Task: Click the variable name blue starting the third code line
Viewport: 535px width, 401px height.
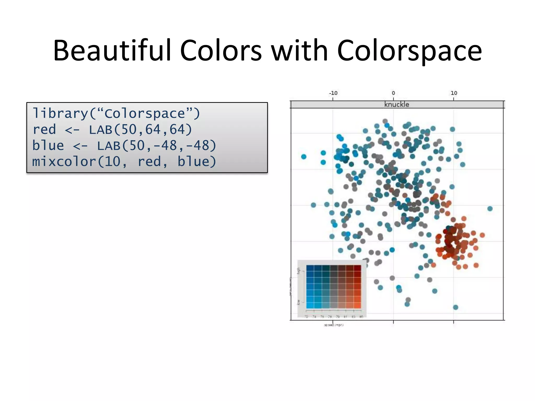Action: pyautogui.click(x=48, y=146)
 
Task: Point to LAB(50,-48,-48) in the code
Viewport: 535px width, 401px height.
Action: pyautogui.click(x=157, y=146)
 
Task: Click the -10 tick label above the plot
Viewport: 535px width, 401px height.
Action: pyautogui.click(x=333, y=93)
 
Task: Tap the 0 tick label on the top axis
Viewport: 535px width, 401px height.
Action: pyautogui.click(x=393, y=93)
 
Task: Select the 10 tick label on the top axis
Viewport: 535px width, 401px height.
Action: pyautogui.click(x=454, y=93)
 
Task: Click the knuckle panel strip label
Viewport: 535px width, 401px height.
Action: pyautogui.click(x=397, y=105)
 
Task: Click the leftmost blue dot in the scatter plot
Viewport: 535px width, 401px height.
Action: pyautogui.click(x=304, y=157)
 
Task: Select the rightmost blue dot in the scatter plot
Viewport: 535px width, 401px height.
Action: pyautogui.click(x=490, y=209)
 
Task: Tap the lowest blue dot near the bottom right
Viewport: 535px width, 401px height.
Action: pyautogui.click(x=455, y=307)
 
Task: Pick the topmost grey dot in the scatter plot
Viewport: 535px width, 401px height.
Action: pyautogui.click(x=385, y=121)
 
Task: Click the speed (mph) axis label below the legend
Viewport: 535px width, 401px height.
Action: pyautogui.click(x=334, y=325)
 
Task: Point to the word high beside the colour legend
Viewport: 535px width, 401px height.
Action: pyautogui.click(x=299, y=271)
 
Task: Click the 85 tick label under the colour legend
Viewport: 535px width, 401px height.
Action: pyautogui.click(x=361, y=317)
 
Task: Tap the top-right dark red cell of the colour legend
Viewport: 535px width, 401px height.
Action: pyautogui.click(x=357, y=268)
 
